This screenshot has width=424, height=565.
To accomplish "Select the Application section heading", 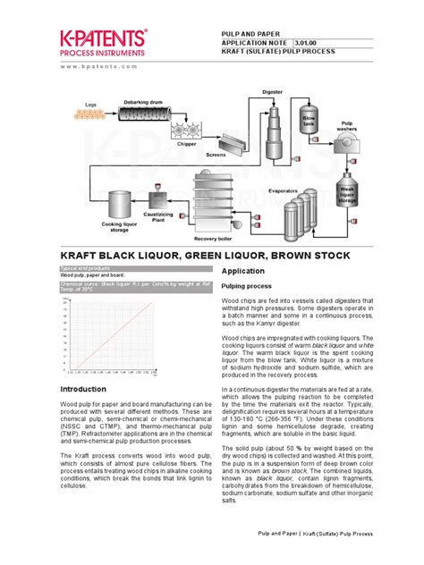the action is point(242,270).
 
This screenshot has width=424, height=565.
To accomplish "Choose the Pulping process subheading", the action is point(246,285).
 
